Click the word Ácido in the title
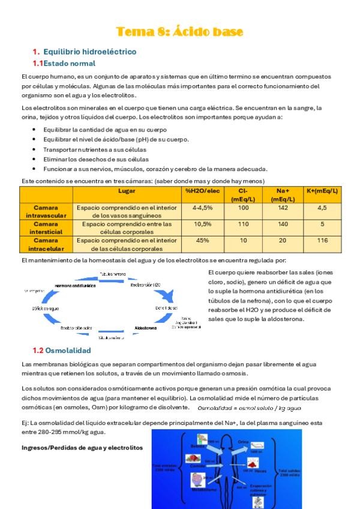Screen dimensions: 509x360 click(x=187, y=31)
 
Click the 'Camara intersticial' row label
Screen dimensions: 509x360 click(x=46, y=227)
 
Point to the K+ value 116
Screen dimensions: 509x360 click(x=322, y=240)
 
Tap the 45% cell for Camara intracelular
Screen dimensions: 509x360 click(x=202, y=240)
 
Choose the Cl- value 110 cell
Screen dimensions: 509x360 click(x=243, y=224)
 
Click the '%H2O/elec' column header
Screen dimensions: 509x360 click(x=202, y=191)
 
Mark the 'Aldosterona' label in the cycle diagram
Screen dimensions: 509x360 click(x=146, y=328)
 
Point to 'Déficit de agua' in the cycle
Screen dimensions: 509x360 click(x=46, y=308)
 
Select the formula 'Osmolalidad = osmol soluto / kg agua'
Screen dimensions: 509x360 click(x=250, y=408)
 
